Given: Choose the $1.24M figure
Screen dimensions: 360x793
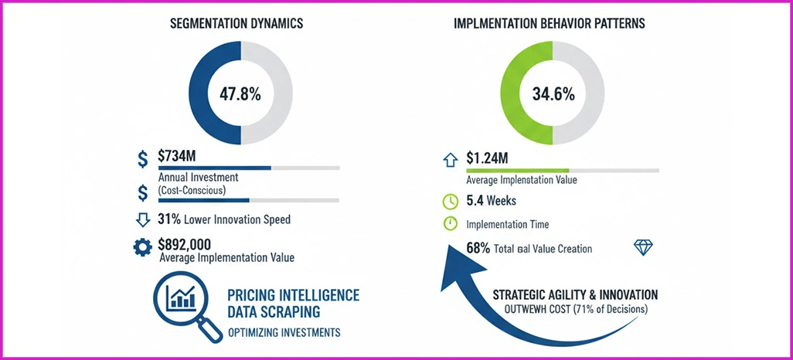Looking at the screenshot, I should pos(487,158).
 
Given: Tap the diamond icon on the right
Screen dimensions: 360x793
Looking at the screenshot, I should pos(643,247).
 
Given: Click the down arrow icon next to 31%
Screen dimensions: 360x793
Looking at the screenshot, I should pos(142,219).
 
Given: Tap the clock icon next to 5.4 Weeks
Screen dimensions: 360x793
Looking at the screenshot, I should pos(451,202).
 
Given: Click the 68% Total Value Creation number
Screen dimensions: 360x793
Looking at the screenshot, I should pos(478,248).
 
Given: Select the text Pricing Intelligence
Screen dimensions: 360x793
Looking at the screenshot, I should pos(294,295).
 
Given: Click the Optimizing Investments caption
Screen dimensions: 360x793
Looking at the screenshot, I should pos(284,334).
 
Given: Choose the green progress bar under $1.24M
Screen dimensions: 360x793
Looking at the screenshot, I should pos(517,170).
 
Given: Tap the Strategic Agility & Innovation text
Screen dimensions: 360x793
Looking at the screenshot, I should pos(575,294).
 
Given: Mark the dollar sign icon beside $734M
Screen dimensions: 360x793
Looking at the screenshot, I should pos(142,159).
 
